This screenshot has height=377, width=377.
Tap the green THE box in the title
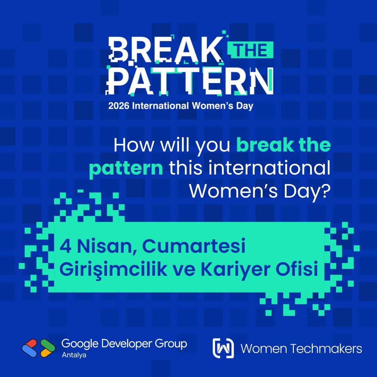point(250,51)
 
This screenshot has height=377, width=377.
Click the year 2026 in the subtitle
point(119,106)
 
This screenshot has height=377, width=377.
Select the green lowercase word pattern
point(126,169)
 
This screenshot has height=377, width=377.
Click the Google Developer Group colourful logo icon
point(39,348)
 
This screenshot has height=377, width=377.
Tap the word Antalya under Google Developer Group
point(74,355)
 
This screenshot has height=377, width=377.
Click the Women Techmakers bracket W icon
point(223,348)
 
